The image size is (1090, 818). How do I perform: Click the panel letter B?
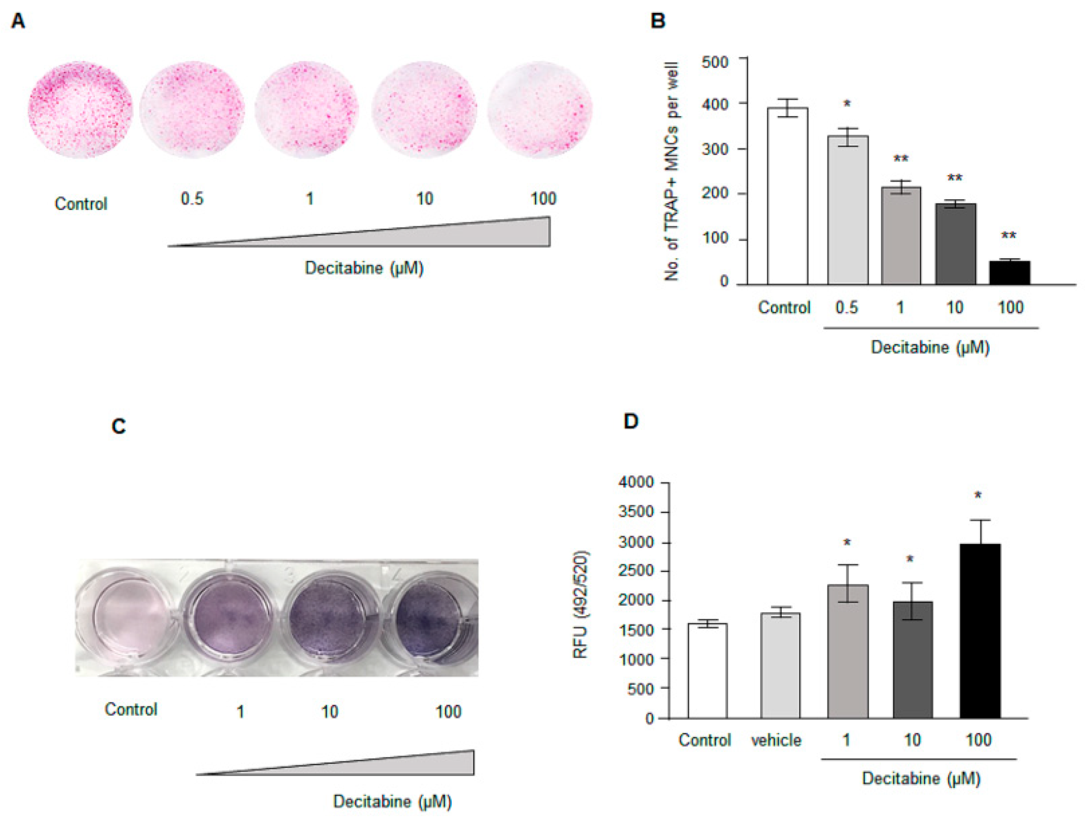658,21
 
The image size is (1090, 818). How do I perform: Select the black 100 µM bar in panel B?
1010,273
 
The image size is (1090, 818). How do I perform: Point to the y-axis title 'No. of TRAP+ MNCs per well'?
671,172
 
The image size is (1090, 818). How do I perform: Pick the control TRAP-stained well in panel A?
80,110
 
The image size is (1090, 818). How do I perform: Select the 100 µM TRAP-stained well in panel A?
539,110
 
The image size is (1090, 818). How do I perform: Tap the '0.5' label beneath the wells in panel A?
192,199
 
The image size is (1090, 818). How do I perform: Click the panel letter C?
119,426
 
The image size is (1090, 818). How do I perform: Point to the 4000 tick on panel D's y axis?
636,482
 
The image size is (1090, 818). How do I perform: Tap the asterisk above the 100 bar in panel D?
978,495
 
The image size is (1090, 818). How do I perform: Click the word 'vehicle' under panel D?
776,740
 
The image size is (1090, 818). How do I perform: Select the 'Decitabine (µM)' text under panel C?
392,801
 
